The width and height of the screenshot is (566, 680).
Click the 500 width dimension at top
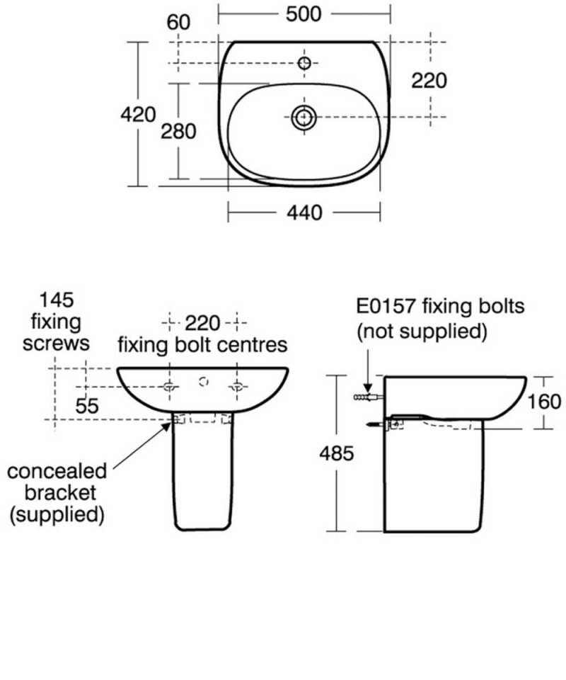pyautogui.click(x=305, y=13)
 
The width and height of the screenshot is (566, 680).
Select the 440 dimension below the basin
pyautogui.click(x=305, y=212)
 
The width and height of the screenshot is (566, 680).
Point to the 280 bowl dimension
pyautogui.click(x=178, y=131)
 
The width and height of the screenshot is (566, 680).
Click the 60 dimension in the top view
pyautogui.click(x=179, y=23)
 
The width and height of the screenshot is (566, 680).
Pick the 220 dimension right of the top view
pyautogui.click(x=429, y=81)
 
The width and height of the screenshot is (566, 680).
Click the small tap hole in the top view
pyautogui.click(x=305, y=63)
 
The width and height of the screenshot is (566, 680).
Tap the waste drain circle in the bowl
pyautogui.click(x=304, y=117)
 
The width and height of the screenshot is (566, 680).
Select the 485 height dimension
pyautogui.click(x=336, y=453)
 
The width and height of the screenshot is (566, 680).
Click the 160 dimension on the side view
pyautogui.click(x=545, y=402)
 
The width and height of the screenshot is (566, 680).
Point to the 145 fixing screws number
pyautogui.click(x=57, y=298)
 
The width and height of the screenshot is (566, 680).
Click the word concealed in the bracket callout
pyautogui.click(x=57, y=471)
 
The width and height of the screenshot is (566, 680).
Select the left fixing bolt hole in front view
pyautogui.click(x=171, y=386)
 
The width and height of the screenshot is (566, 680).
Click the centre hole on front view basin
pyautogui.click(x=204, y=382)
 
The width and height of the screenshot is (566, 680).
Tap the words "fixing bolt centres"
pyautogui.click(x=202, y=345)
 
